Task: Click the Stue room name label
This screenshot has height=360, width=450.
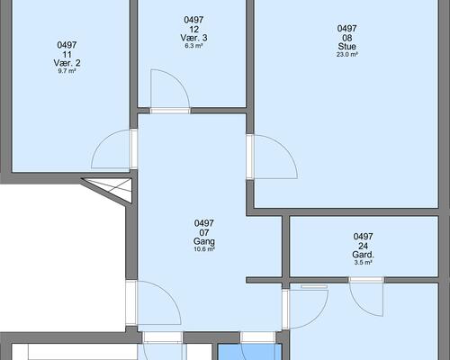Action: tap(346, 47)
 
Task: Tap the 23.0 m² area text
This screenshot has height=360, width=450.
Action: tap(346, 55)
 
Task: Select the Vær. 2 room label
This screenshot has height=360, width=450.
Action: tap(67, 63)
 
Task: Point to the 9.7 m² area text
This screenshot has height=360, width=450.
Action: tap(67, 71)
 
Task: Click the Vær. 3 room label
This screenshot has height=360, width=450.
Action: tap(193, 38)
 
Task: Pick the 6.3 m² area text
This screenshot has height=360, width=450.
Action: tap(193, 46)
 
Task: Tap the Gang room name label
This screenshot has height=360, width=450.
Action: tap(204, 241)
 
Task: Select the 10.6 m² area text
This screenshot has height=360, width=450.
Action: tap(204, 249)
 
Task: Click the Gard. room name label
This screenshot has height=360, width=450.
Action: tap(363, 255)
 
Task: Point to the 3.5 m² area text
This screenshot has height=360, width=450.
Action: tap(363, 263)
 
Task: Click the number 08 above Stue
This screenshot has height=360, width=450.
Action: tap(346, 38)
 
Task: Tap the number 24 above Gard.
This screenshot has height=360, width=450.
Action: tap(363, 246)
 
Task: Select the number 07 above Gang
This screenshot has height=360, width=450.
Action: tap(204, 232)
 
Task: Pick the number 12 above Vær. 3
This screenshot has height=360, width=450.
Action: tap(193, 29)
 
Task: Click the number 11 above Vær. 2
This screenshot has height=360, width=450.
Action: tap(67, 54)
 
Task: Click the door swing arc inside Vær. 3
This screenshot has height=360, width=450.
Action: tap(179, 79)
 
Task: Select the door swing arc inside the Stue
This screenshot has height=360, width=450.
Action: tap(285, 147)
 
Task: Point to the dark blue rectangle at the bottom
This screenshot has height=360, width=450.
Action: tap(249, 352)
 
